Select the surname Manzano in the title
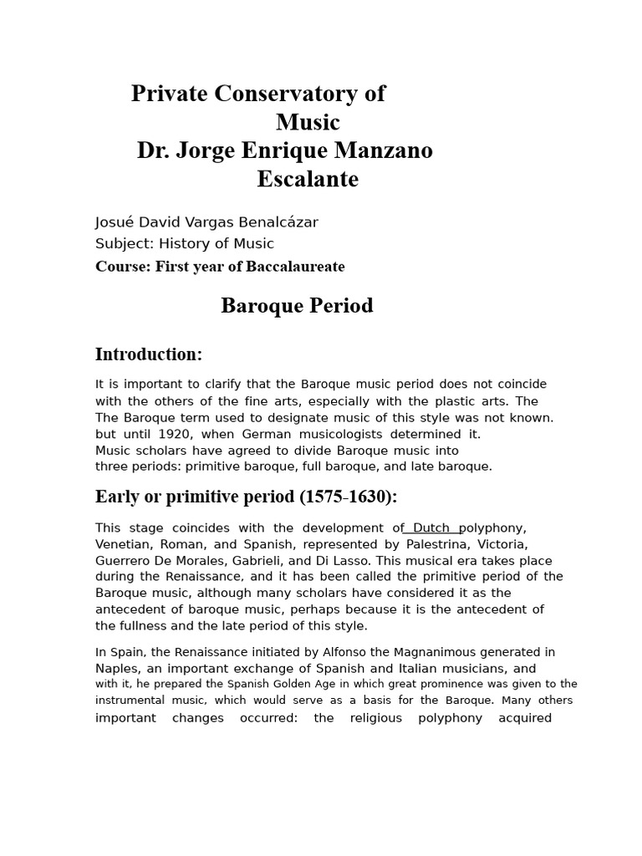[x=384, y=151]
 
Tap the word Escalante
[x=308, y=179]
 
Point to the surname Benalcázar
[x=271, y=222]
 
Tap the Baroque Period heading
[x=297, y=306]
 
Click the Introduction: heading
[x=149, y=354]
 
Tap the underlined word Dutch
[x=432, y=528]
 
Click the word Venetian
[x=124, y=544]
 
